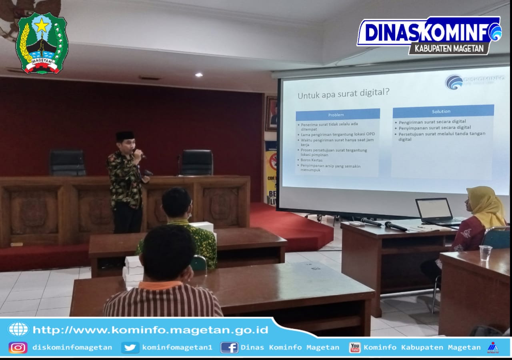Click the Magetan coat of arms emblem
pos(42,43)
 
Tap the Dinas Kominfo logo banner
pos(429,35)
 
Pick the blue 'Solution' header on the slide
pos(443,111)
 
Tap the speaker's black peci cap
pos(125,136)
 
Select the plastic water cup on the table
pos(485,253)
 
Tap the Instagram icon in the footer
pos(18,347)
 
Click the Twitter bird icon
pos(130,347)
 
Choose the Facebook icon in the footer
pos(229,347)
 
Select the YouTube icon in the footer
pos(354,347)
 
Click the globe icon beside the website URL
pos(18,329)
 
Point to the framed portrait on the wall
pos(271,113)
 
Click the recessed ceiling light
pos(199,75)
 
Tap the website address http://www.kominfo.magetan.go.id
pos(150,330)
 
